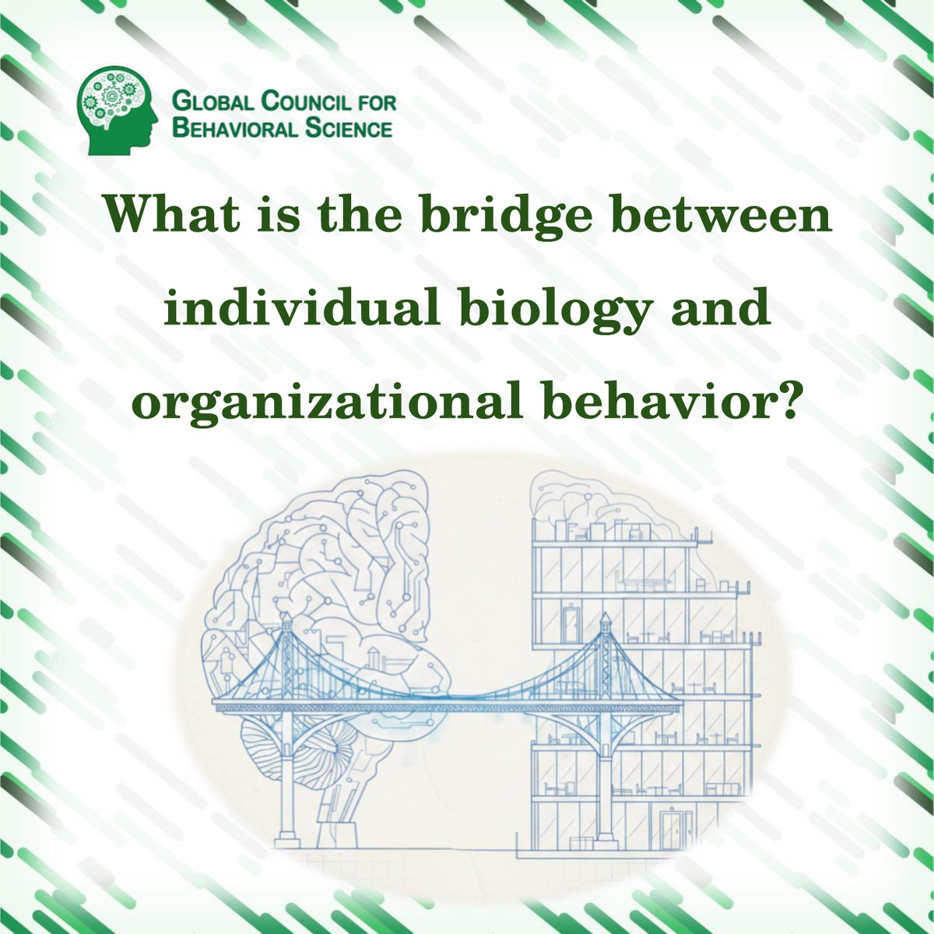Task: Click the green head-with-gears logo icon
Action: (117, 109)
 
